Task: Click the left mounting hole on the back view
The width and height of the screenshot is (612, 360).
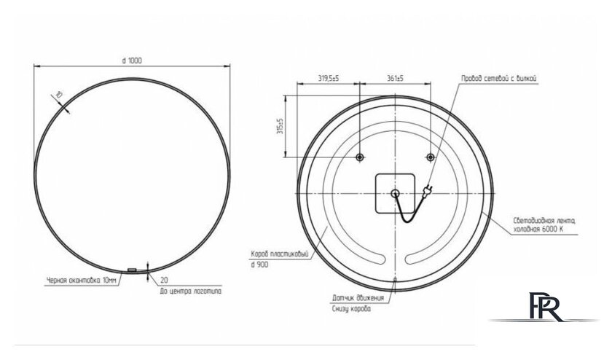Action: pyautogui.click(x=360, y=157)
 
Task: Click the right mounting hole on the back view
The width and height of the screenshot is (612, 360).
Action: pyautogui.click(x=430, y=157)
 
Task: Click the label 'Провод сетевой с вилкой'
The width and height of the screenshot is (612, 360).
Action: pyautogui.click(x=499, y=77)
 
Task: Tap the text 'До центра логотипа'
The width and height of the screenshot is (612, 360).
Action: pyautogui.click(x=191, y=290)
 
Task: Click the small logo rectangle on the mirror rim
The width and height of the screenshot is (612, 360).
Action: pyautogui.click(x=132, y=270)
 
